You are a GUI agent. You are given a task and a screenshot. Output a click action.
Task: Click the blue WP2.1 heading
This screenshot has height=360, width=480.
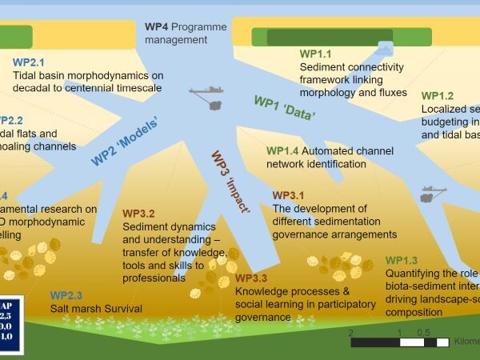pyautogui.click(x=29, y=62)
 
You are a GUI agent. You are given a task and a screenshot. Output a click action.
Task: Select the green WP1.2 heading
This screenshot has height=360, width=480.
pyautogui.click(x=438, y=96)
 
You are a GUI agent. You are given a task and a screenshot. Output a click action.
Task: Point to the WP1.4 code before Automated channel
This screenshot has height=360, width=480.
pyautogui.click(x=282, y=150)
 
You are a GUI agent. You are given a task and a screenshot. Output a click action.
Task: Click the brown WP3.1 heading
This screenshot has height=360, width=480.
pyautogui.click(x=289, y=195)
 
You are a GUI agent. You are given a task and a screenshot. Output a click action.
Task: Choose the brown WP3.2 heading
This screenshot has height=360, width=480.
pyautogui.click(x=139, y=214)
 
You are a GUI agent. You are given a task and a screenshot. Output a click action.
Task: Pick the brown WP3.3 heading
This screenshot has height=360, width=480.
pyautogui.click(x=251, y=278)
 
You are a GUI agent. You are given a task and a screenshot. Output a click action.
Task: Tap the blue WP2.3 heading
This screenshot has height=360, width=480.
pyautogui.click(x=66, y=295)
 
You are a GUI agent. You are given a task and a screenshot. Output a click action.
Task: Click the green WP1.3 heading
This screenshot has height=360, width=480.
pyautogui.click(x=402, y=261)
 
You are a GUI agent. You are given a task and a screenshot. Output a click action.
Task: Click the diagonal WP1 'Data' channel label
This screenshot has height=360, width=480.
pyautogui.click(x=284, y=107)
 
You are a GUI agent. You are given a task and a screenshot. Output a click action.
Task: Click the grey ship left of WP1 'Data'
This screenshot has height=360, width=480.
pyautogui.click(x=208, y=94)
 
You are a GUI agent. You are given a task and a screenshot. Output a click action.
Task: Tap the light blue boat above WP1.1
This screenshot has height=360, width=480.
pyautogui.click(x=384, y=49)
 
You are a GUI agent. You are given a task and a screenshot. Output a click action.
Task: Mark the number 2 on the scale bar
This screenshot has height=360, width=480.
pyautogui.click(x=350, y=333)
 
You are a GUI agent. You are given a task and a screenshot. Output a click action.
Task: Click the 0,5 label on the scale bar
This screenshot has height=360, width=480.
pyautogui.click(x=423, y=333)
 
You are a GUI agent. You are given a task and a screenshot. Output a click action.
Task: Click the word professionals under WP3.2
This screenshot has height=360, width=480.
pyautogui.click(x=154, y=278)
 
